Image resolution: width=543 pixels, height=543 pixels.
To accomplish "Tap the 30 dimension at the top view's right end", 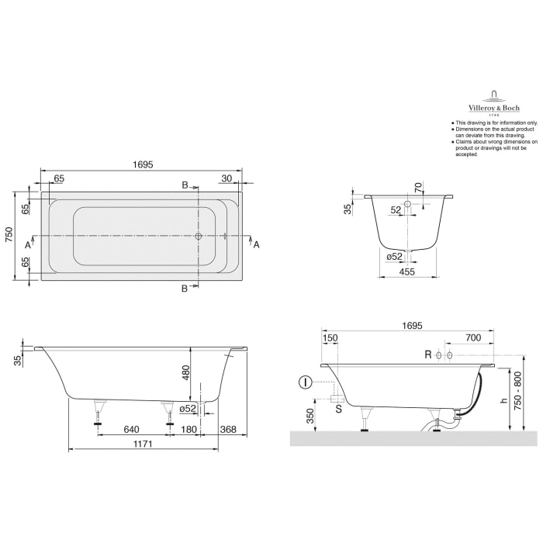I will [x=227, y=178].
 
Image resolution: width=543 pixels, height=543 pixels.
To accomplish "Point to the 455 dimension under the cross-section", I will [x=406, y=271].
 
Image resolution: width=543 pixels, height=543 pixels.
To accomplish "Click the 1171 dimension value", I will [x=140, y=444].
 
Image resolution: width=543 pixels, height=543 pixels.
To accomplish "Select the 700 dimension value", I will [x=474, y=338].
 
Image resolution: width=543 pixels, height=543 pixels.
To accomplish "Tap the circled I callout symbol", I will [x=306, y=382].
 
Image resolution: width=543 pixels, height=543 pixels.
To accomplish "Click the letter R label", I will [x=427, y=355].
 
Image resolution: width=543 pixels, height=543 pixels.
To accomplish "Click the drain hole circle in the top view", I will [x=199, y=237].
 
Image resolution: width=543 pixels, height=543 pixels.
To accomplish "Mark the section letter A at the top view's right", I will [x=256, y=244].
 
